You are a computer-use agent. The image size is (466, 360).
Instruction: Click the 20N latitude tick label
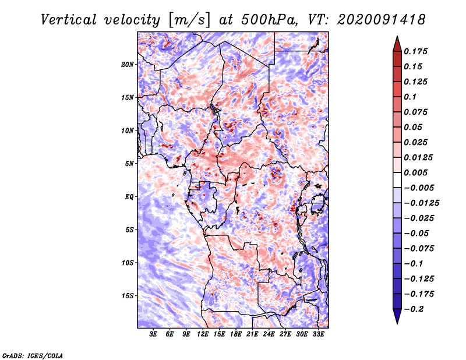[128, 64]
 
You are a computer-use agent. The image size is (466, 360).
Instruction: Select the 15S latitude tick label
[128, 296]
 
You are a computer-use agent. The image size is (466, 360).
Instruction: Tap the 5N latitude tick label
[129, 164]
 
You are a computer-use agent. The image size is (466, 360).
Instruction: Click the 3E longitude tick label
[154, 334]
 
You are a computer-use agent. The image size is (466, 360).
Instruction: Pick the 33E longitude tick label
[318, 334]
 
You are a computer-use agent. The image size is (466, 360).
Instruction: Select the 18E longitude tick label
[236, 334]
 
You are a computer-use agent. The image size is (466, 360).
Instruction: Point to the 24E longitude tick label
[269, 334]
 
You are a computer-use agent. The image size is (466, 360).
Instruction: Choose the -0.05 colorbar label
[417, 233]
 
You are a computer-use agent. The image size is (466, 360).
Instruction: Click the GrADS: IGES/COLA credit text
[33, 355]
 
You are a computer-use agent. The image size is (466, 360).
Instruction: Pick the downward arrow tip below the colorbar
[396, 321]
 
